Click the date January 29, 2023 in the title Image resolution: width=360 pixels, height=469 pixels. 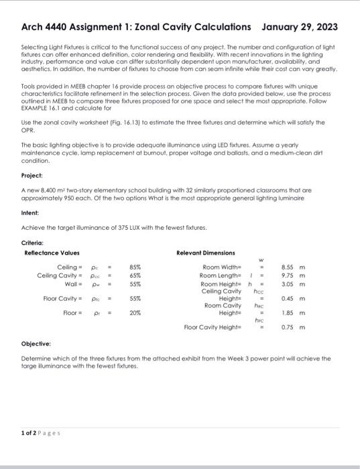[299, 27]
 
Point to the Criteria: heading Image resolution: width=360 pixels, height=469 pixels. [34, 242]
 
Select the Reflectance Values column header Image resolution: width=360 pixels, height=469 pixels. [52, 253]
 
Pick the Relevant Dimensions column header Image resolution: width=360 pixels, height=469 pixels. [205, 253]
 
